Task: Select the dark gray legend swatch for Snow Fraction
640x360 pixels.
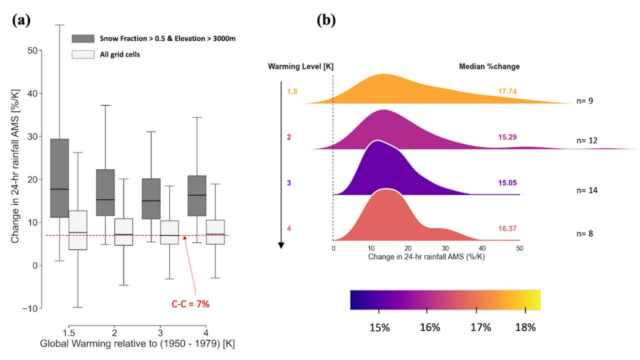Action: pyautogui.click(x=82, y=38)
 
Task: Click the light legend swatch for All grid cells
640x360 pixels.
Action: pyautogui.click(x=82, y=54)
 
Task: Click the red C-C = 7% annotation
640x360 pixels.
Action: pyautogui.click(x=190, y=304)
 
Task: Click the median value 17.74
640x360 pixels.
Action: pyautogui.click(x=507, y=91)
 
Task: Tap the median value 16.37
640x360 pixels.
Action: pyautogui.click(x=507, y=229)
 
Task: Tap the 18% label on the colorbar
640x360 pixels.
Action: pyautogui.click(x=525, y=327)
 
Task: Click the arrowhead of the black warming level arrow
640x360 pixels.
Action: pyautogui.click(x=281, y=245)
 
